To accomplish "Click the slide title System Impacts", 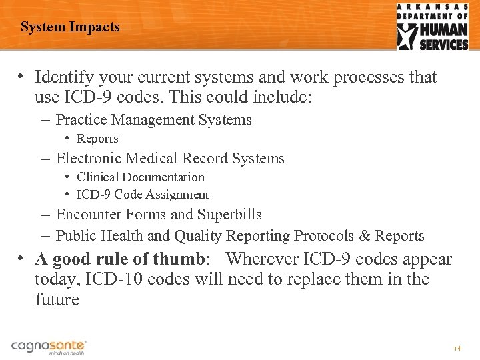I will coord(70,27).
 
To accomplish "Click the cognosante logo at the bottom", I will coord(49,347).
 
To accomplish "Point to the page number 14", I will coord(457,349).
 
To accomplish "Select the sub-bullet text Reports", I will coord(97,139).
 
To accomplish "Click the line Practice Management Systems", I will coord(153,120).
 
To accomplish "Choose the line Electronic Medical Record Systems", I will coord(170,159).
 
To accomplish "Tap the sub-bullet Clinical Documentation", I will coord(140,177).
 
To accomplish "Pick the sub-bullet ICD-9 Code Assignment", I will coord(143,195).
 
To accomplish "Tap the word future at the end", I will coord(57,300).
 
